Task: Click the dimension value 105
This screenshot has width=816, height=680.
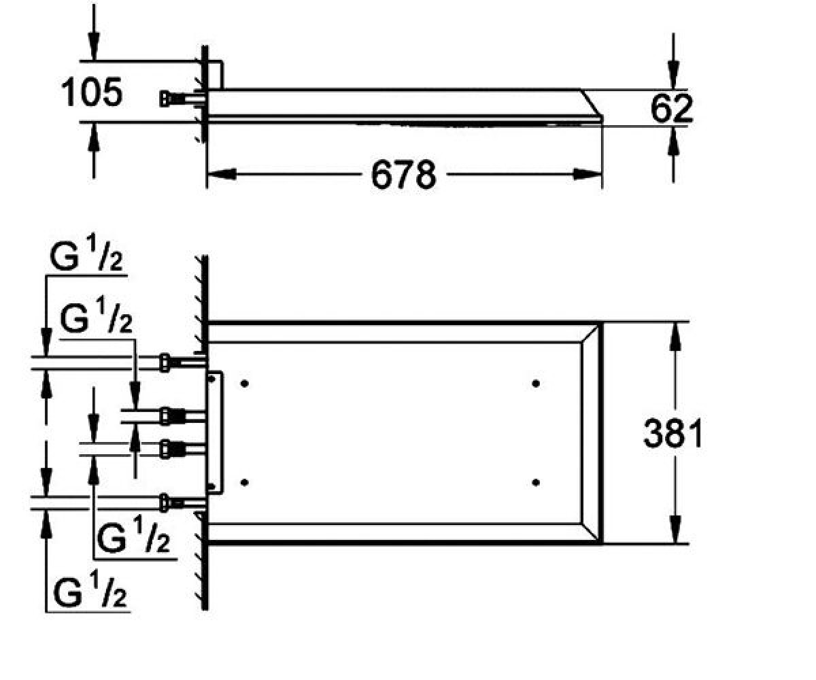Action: click(92, 92)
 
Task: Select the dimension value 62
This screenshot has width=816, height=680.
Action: click(671, 108)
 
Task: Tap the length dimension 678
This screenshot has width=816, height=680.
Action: click(403, 175)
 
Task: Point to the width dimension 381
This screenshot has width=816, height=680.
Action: click(673, 433)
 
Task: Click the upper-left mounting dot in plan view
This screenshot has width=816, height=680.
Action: click(245, 384)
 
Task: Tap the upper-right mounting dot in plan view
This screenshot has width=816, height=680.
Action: click(536, 384)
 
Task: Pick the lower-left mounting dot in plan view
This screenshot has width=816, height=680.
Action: click(245, 483)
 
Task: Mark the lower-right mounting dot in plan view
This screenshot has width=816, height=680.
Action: click(536, 483)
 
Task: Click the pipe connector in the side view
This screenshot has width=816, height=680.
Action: click(181, 99)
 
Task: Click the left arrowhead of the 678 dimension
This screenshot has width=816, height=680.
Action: click(222, 174)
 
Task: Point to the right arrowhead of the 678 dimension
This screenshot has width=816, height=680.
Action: click(588, 174)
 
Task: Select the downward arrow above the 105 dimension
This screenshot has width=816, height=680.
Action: click(94, 33)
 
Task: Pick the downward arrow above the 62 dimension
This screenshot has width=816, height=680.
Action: click(673, 61)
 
